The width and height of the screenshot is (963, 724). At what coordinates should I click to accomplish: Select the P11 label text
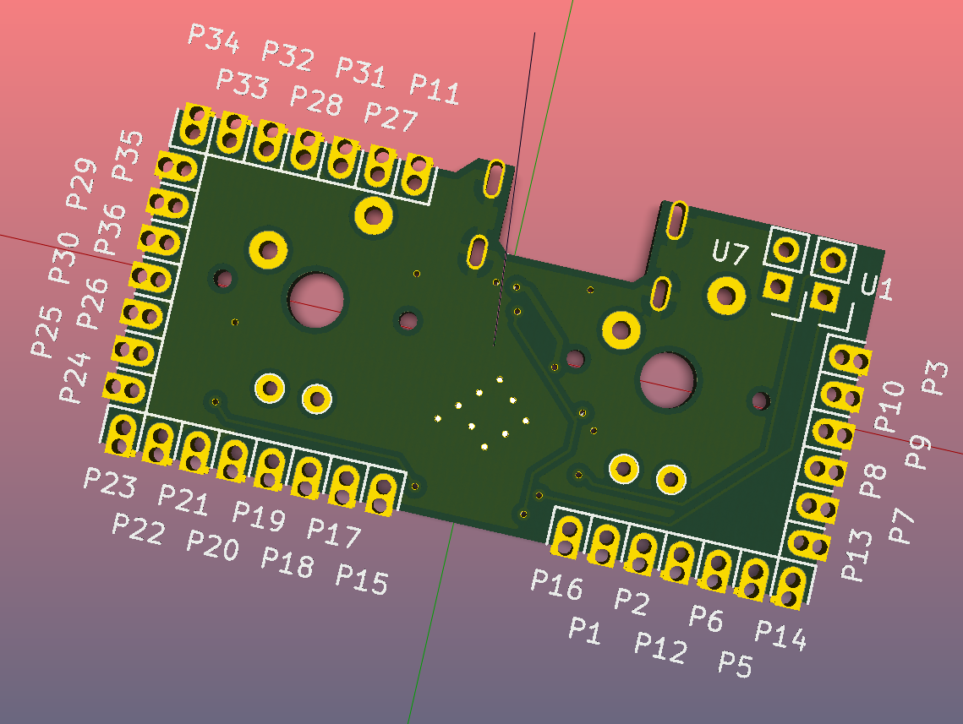tap(435, 89)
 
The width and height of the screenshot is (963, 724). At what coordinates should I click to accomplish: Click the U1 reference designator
tap(877, 286)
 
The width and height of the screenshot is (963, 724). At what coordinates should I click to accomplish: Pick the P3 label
tap(934, 377)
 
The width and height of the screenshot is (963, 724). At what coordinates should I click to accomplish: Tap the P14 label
tap(780, 634)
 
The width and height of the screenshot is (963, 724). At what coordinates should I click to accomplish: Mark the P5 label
tap(735, 665)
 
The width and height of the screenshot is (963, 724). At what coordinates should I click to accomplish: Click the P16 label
tap(556, 584)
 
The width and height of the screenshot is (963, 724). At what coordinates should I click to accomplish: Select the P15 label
tap(362, 579)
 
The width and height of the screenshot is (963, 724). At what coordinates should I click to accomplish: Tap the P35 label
tap(129, 155)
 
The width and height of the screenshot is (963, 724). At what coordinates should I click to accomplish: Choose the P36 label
tap(110, 229)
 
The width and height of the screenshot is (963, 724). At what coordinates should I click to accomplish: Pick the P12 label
tap(660, 647)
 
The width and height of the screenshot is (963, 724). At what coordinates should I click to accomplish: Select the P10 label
tap(889, 406)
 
